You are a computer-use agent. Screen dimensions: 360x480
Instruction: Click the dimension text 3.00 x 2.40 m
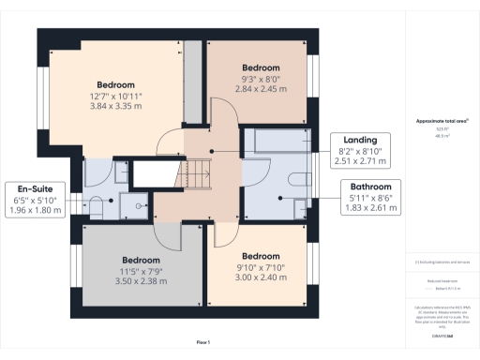pos(260,279)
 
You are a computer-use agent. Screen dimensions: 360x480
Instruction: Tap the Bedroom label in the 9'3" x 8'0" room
pos(261,68)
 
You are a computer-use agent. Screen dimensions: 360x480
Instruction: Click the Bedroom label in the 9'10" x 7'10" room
pos(260,256)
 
